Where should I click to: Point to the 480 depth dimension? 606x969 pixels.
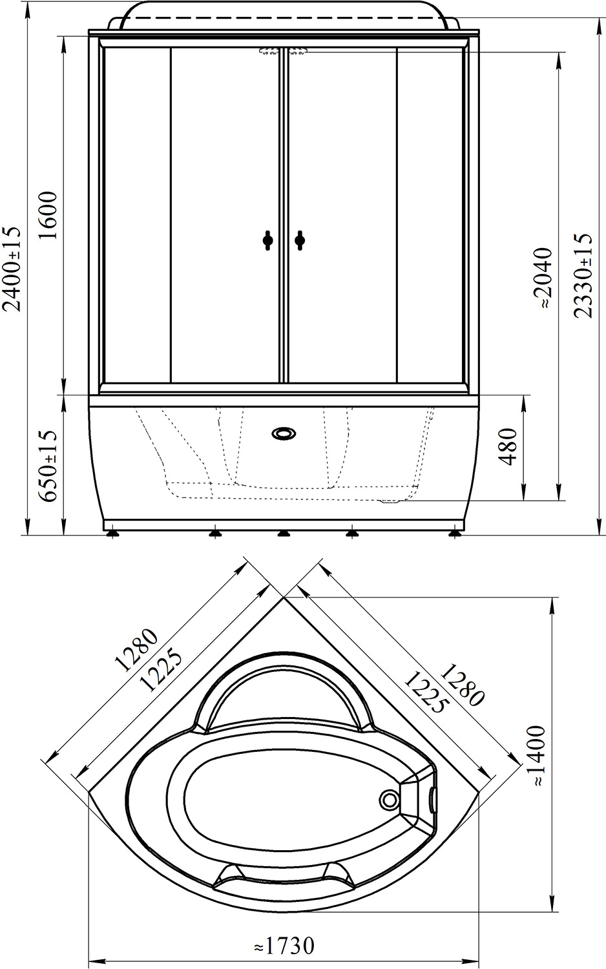(508, 446)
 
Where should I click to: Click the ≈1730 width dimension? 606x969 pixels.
(284, 948)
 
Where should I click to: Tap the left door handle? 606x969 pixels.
(267, 240)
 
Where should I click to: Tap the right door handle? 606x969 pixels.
(299, 240)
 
